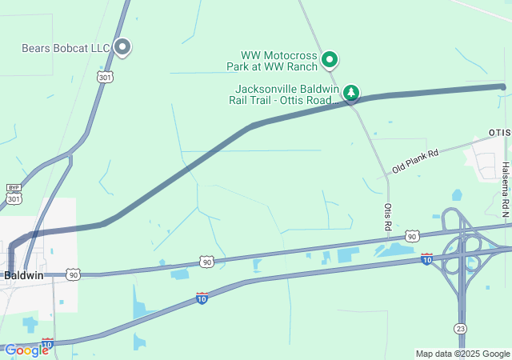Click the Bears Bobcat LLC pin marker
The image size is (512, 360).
point(122,47)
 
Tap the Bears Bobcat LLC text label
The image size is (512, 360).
point(66,49)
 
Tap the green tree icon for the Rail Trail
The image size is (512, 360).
point(350,94)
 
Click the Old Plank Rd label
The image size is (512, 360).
point(415,162)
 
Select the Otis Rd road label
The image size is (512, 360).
point(388,216)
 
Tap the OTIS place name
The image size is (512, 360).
point(499,131)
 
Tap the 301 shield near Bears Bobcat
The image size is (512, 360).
point(105,77)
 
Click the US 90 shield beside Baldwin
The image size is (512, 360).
point(73,274)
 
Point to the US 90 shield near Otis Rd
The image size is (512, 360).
point(412,236)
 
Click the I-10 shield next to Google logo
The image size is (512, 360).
point(48,342)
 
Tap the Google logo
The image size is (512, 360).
point(26,350)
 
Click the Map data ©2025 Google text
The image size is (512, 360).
point(462,354)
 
